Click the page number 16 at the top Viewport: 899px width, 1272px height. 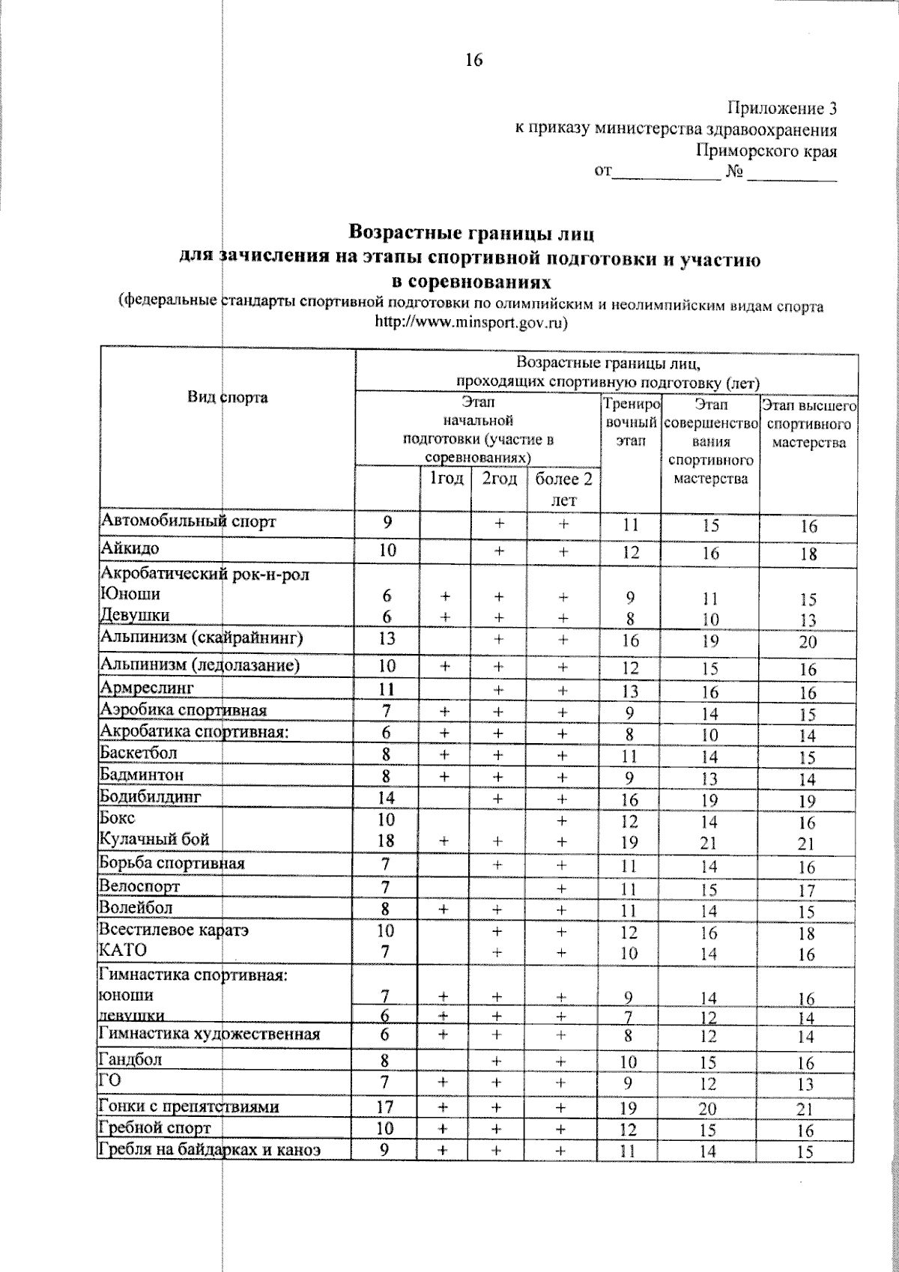coord(473,61)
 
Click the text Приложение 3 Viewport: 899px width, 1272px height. coord(781,109)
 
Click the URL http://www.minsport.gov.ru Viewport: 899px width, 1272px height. coord(470,324)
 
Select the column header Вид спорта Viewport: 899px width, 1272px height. coord(227,397)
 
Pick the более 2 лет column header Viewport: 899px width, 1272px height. coord(563,488)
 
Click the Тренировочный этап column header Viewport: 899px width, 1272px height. coord(631,423)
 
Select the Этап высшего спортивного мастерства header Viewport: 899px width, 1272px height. coord(808,424)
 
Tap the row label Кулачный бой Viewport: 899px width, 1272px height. coord(154,839)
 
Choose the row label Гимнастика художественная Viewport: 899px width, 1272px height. coord(210,1035)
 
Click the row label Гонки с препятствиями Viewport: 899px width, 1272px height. coord(189,1106)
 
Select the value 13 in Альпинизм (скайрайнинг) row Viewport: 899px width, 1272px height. coord(387,638)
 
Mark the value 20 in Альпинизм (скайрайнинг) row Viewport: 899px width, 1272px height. coord(808,643)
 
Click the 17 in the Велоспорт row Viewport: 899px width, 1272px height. coord(806,891)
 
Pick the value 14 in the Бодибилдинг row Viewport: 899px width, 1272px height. coord(387,797)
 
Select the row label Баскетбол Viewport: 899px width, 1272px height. coord(138,753)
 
